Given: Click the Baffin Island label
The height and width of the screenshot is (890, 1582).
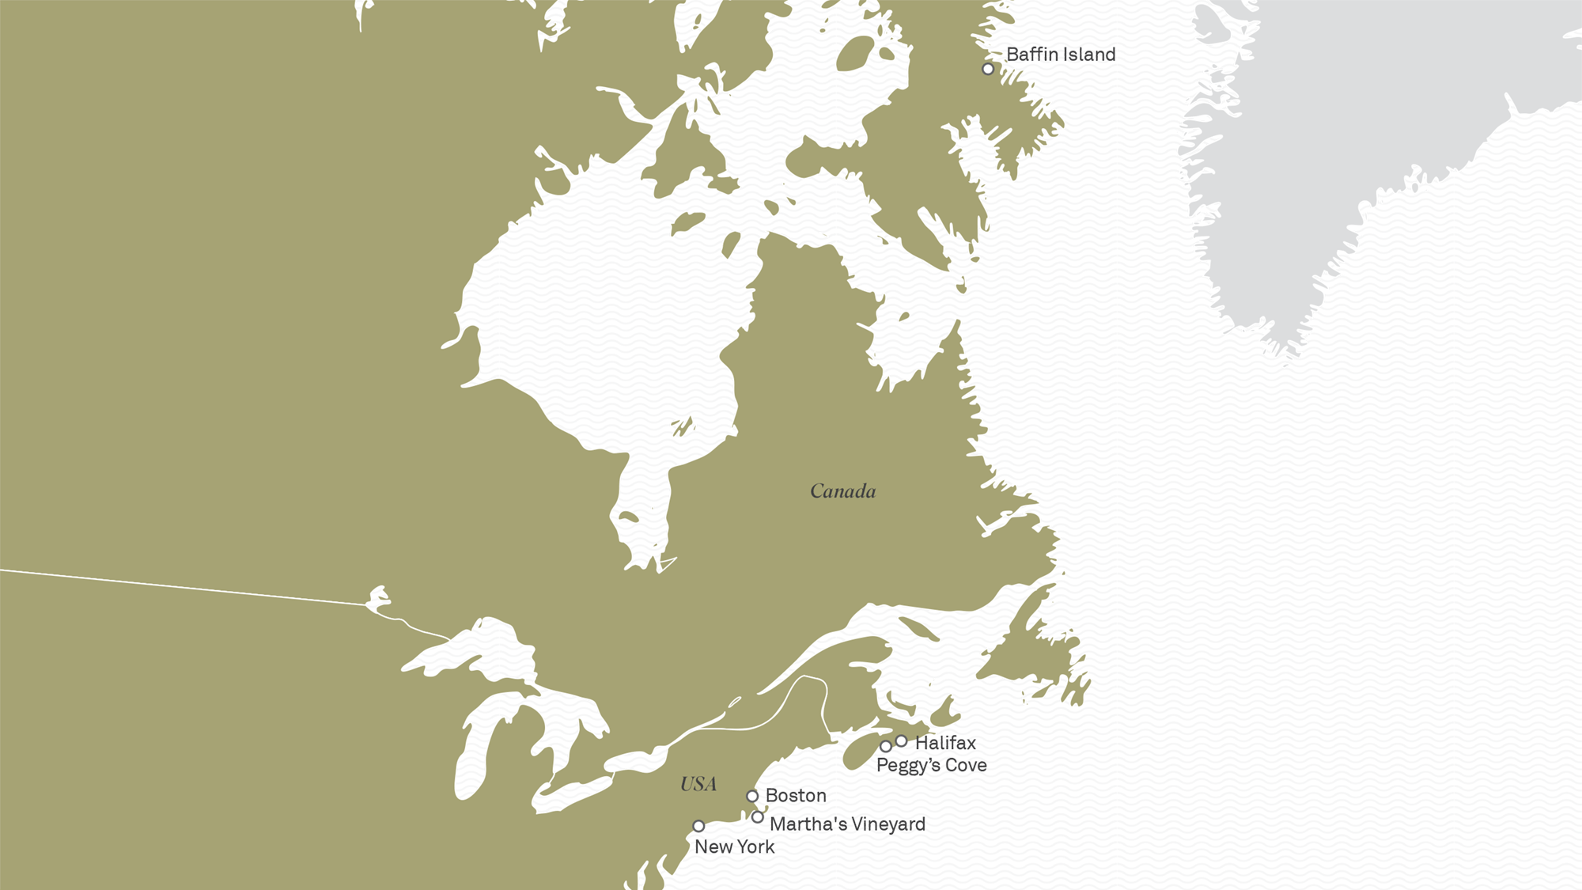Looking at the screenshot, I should pyautogui.click(x=1060, y=55).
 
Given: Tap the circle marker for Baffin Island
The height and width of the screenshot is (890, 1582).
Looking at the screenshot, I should pyautogui.click(x=988, y=69).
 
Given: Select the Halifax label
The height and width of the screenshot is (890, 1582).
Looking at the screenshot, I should pyautogui.click(x=945, y=743).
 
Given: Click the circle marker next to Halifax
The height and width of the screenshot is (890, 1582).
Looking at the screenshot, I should pyautogui.click(x=901, y=741).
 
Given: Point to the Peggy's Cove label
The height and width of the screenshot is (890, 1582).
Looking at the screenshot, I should pyautogui.click(x=931, y=765).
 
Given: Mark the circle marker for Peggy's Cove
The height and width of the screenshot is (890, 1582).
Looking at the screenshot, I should pyautogui.click(x=886, y=746).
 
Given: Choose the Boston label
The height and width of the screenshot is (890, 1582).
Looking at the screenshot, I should pyautogui.click(x=796, y=795).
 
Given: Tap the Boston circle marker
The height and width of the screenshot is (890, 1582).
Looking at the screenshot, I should pyautogui.click(x=752, y=796).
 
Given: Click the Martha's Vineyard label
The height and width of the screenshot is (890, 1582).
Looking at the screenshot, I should pyautogui.click(x=847, y=824).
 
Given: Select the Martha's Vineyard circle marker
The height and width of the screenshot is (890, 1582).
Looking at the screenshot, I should pyautogui.click(x=758, y=817).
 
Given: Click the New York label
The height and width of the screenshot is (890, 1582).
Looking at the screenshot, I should pyautogui.click(x=734, y=846).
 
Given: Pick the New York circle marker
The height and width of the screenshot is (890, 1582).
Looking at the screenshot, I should pyautogui.click(x=698, y=826).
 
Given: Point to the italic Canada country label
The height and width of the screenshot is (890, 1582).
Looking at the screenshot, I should pyautogui.click(x=843, y=491).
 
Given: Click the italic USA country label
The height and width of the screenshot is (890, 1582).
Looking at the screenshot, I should pyautogui.click(x=698, y=784).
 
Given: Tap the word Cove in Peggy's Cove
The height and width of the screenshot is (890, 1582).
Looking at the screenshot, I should pyautogui.click(x=966, y=765).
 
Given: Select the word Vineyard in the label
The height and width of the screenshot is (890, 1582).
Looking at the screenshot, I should pyautogui.click(x=888, y=824).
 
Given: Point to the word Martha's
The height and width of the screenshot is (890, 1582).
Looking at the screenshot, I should pyautogui.click(x=797, y=824).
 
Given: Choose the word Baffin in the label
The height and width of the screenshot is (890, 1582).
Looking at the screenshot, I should pyautogui.click(x=1031, y=55).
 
